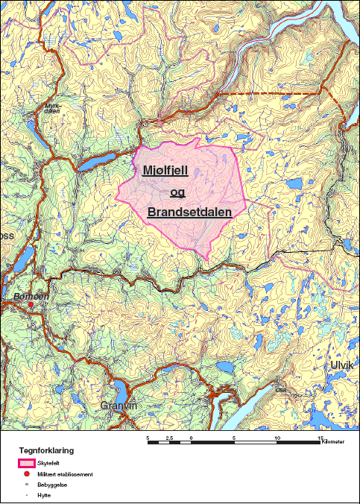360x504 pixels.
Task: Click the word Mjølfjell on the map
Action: [176, 171]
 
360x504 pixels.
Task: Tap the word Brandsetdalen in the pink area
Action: [189, 212]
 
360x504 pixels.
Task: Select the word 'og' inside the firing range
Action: [177, 192]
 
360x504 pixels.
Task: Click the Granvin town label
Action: [119, 406]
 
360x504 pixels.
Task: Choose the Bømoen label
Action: [31, 296]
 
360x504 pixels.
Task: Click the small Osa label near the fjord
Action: [281, 389]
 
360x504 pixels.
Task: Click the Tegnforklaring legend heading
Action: [46, 451]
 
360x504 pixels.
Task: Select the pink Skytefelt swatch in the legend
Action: [27, 463]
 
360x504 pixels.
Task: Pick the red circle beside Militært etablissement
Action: [27, 474]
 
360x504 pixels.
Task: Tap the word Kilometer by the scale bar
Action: [334, 444]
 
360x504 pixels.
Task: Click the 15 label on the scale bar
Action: [321, 437]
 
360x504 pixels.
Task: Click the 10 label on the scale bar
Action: [278, 437]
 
